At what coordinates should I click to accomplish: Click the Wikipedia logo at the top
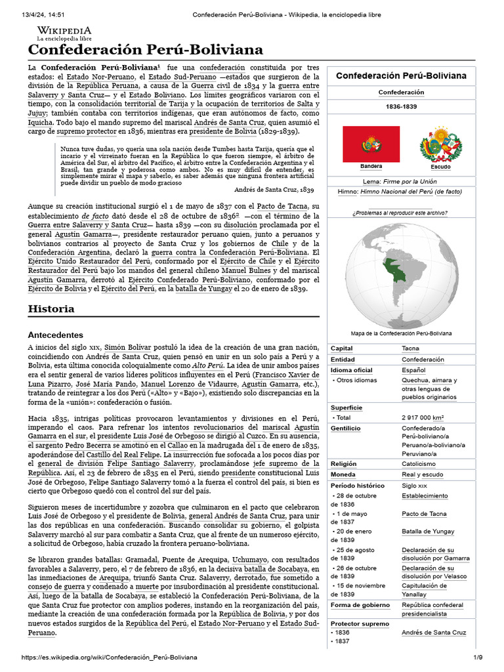[x=64, y=33]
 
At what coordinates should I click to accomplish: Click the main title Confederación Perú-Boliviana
[x=145, y=50]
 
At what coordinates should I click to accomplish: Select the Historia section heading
[x=51, y=308]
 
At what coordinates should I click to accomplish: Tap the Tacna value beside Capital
[x=410, y=348]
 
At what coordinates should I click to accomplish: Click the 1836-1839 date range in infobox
[x=401, y=106]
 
